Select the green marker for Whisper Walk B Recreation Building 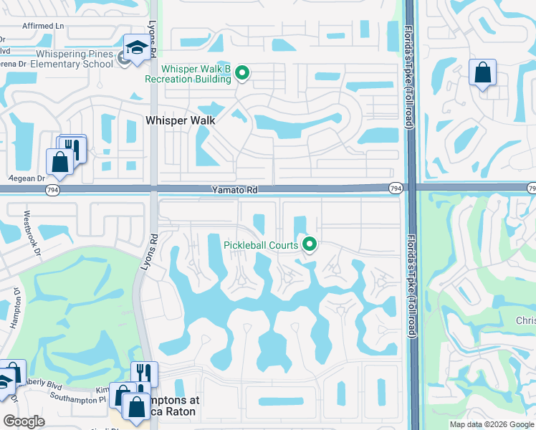pyautogui.click(x=242, y=72)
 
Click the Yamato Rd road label pyautogui.click(x=234, y=190)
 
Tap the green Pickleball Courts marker pyautogui.click(x=310, y=245)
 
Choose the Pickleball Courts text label pyautogui.click(x=260, y=245)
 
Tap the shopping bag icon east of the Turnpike pyautogui.click(x=483, y=72)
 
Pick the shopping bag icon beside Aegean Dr pyautogui.click(x=59, y=162)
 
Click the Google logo pyautogui.click(x=24, y=421)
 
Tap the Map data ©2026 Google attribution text pyautogui.click(x=492, y=424)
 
